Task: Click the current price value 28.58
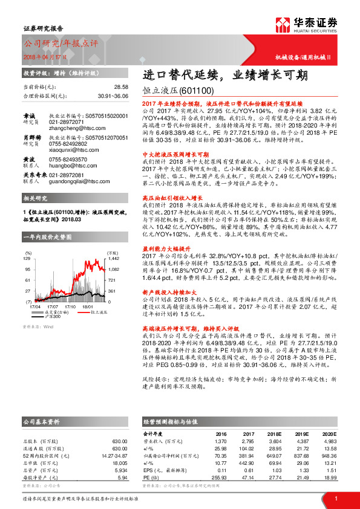[122, 87]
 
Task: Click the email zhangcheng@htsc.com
[76, 128]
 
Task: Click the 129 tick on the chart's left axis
[27, 259]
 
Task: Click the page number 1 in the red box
[336, 498]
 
